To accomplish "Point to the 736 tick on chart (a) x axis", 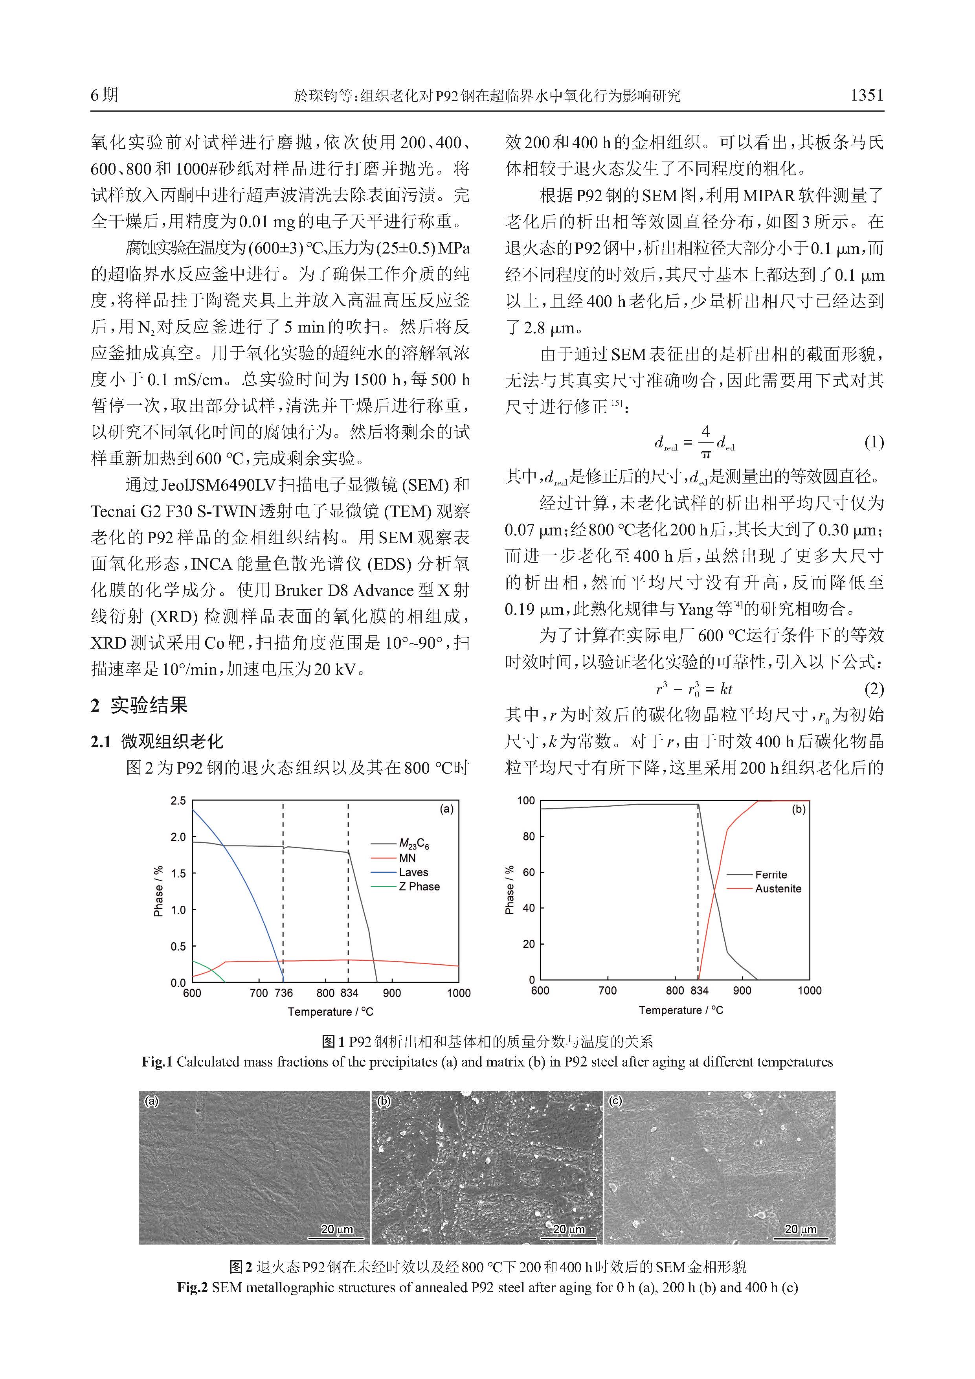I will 283,993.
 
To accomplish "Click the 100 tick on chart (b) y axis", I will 525,801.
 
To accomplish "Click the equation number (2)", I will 874,688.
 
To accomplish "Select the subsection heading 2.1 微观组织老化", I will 157,742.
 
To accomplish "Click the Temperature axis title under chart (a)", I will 330,1012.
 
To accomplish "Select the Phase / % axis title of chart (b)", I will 510,890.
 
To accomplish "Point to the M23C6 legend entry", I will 414,844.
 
